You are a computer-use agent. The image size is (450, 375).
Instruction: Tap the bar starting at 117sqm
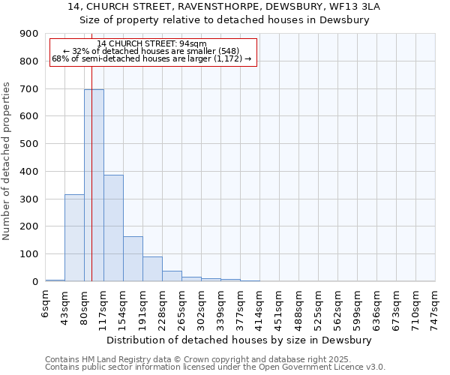[x=113, y=228]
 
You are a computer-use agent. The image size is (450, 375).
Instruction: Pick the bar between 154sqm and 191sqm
[x=133, y=259]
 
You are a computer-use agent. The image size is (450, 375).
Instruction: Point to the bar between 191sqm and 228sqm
[x=152, y=269]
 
